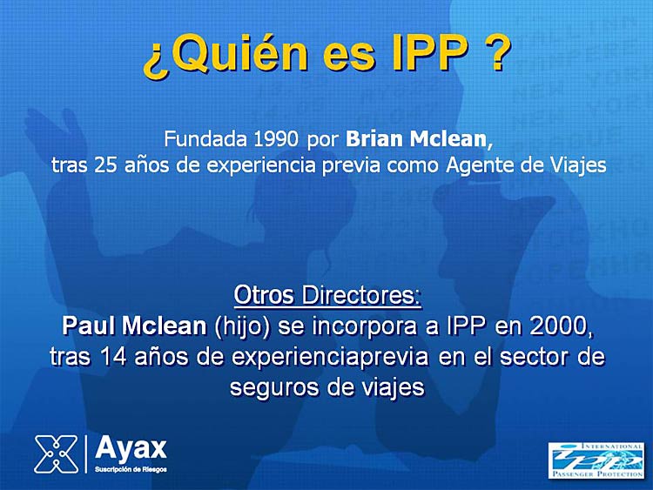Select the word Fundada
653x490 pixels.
click(205, 139)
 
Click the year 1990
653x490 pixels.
click(275, 139)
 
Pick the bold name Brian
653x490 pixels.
click(375, 139)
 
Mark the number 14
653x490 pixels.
click(113, 357)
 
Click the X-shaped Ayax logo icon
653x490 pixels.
click(56, 454)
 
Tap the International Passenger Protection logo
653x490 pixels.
click(596, 460)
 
